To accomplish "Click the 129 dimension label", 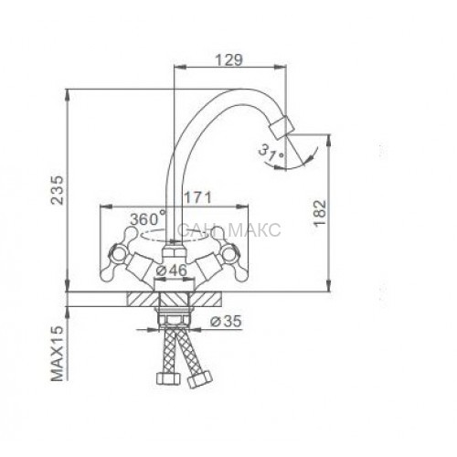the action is click(x=229, y=59).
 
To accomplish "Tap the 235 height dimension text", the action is click(x=57, y=190).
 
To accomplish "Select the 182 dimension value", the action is click(x=320, y=213).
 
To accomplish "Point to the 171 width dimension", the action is click(x=197, y=198).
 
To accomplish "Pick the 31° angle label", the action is click(x=271, y=153).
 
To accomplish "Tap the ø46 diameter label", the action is click(x=171, y=271).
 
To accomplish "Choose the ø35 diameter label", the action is click(x=227, y=321).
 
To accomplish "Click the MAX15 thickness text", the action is click(x=57, y=354).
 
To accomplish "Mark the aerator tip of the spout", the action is click(x=282, y=127).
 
